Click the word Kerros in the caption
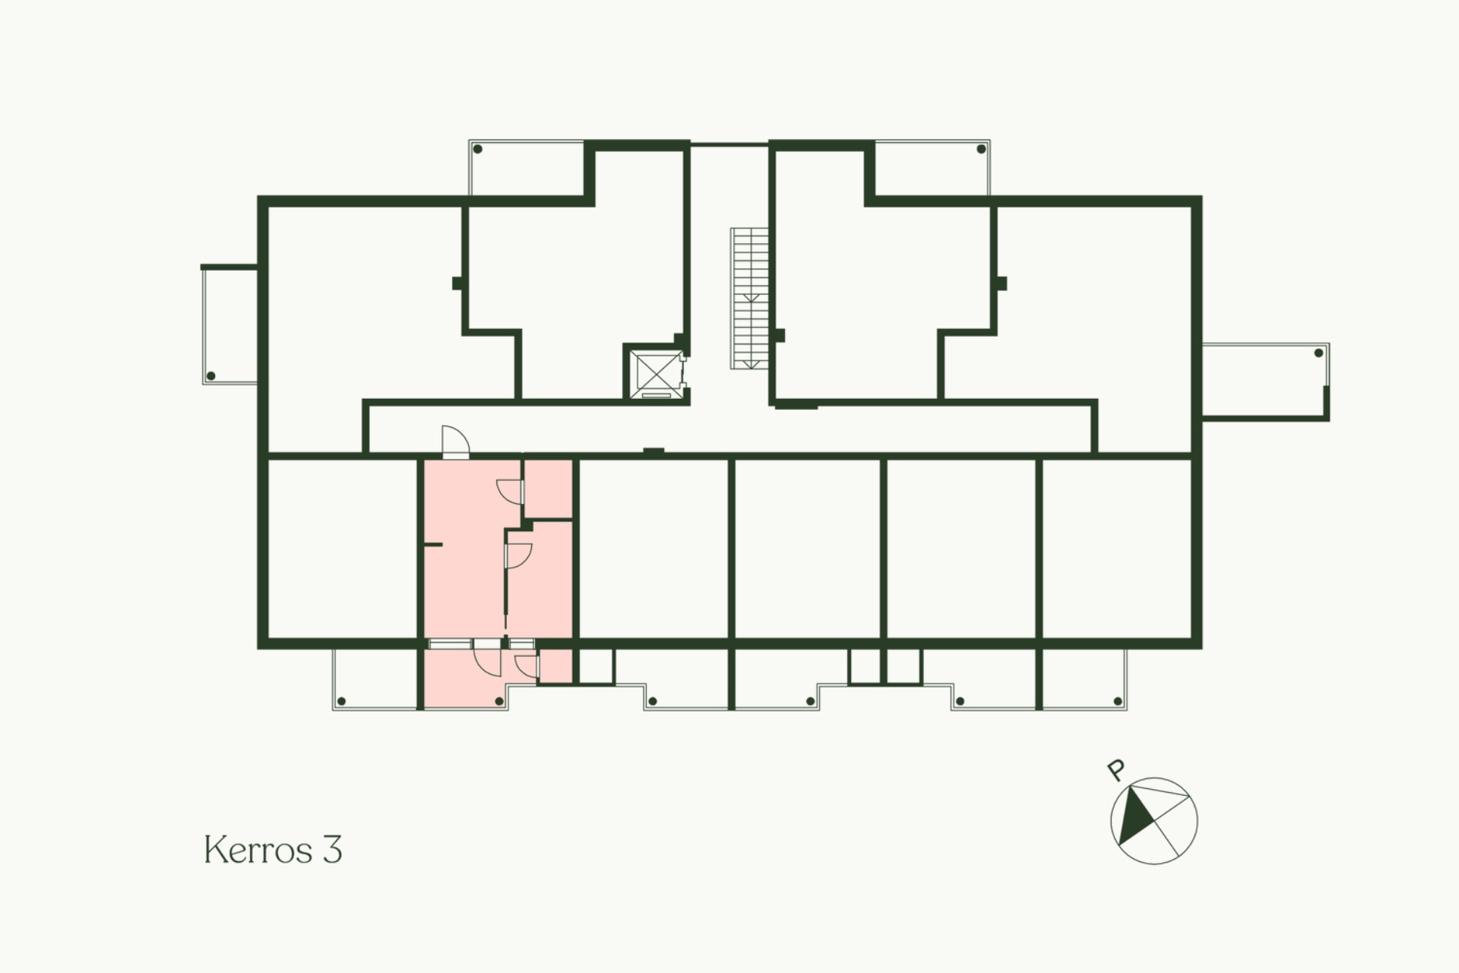click(x=258, y=850)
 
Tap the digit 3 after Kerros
click(x=332, y=850)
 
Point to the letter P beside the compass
click(x=1116, y=771)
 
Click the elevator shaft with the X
click(x=655, y=372)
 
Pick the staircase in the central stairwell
click(x=750, y=298)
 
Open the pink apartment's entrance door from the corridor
click(x=455, y=442)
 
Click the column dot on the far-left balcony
click(x=211, y=376)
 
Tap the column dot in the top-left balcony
click(x=478, y=149)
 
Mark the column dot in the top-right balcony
click(x=981, y=149)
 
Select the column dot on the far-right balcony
click(x=1318, y=353)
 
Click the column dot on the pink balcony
click(x=499, y=701)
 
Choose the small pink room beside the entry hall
click(x=548, y=489)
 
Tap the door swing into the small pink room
click(x=510, y=493)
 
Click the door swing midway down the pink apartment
click(x=519, y=556)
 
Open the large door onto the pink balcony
click(x=487, y=658)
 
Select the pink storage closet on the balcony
click(x=555, y=666)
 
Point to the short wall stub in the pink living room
click(x=433, y=545)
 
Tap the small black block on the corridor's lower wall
click(x=654, y=452)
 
